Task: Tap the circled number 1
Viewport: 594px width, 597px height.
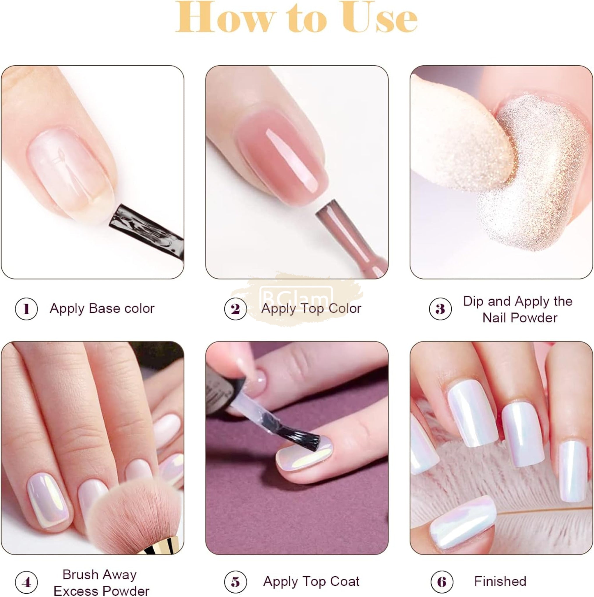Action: click(x=26, y=309)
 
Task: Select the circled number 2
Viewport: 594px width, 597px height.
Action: click(x=235, y=309)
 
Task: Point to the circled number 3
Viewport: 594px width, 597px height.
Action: click(x=440, y=309)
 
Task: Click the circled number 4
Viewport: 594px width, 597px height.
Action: click(x=26, y=582)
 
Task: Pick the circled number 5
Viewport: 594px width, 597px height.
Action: click(x=235, y=582)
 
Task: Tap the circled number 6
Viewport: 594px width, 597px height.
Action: click(x=442, y=582)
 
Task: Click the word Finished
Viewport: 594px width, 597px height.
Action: click(x=500, y=581)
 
